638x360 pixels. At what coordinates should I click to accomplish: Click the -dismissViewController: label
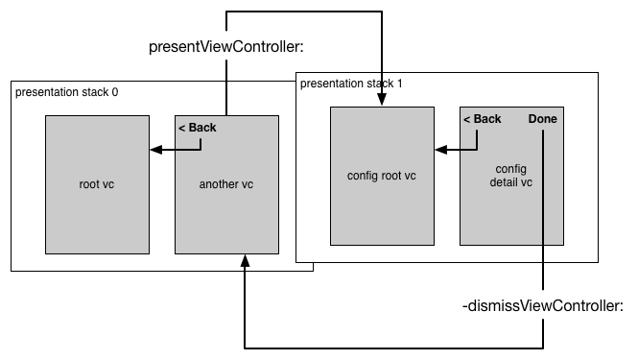[x=544, y=306]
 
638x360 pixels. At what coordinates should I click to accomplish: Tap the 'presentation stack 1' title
[x=351, y=84]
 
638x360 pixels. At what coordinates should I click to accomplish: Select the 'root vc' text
[x=96, y=184]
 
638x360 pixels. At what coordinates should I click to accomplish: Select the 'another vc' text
[x=226, y=184]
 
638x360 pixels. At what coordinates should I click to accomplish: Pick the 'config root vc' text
[x=381, y=176]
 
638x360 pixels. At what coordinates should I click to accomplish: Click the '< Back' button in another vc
[x=198, y=127]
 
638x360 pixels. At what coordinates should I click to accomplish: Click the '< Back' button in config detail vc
[x=482, y=119]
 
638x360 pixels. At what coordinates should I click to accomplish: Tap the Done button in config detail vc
[x=542, y=119]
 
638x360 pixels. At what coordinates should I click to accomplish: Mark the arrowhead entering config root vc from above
[x=382, y=100]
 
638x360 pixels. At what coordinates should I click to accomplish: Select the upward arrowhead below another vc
[x=245, y=260]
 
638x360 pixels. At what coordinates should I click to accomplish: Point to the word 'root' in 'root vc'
[x=90, y=184]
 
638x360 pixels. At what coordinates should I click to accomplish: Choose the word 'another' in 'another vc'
[x=219, y=184]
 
